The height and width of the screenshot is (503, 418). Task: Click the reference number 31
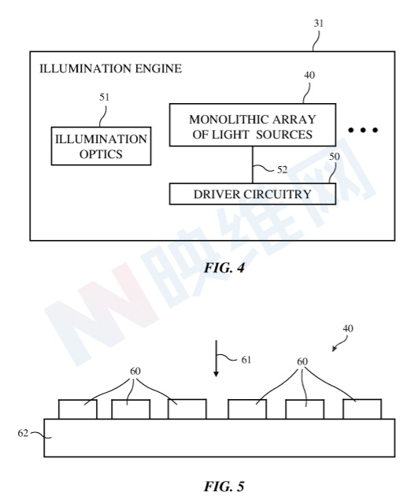pos(319,24)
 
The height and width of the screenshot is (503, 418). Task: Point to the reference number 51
pos(104,97)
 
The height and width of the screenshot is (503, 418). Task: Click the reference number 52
pos(282,170)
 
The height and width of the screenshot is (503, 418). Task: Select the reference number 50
pos(335,157)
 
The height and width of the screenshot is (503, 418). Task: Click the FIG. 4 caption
pos(224,268)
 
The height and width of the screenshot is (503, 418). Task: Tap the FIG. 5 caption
pos(224,486)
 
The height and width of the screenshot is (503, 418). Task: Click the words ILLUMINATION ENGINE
pos(110,68)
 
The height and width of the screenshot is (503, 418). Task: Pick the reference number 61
pos(246,360)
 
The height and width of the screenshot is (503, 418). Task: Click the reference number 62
pos(23,434)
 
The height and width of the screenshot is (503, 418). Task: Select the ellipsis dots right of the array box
pos(363,130)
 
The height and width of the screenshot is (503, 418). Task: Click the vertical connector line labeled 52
pos(253,165)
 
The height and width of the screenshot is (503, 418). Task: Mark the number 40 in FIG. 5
pos(348,328)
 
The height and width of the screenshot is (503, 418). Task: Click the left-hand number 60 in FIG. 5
pos(135,372)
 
